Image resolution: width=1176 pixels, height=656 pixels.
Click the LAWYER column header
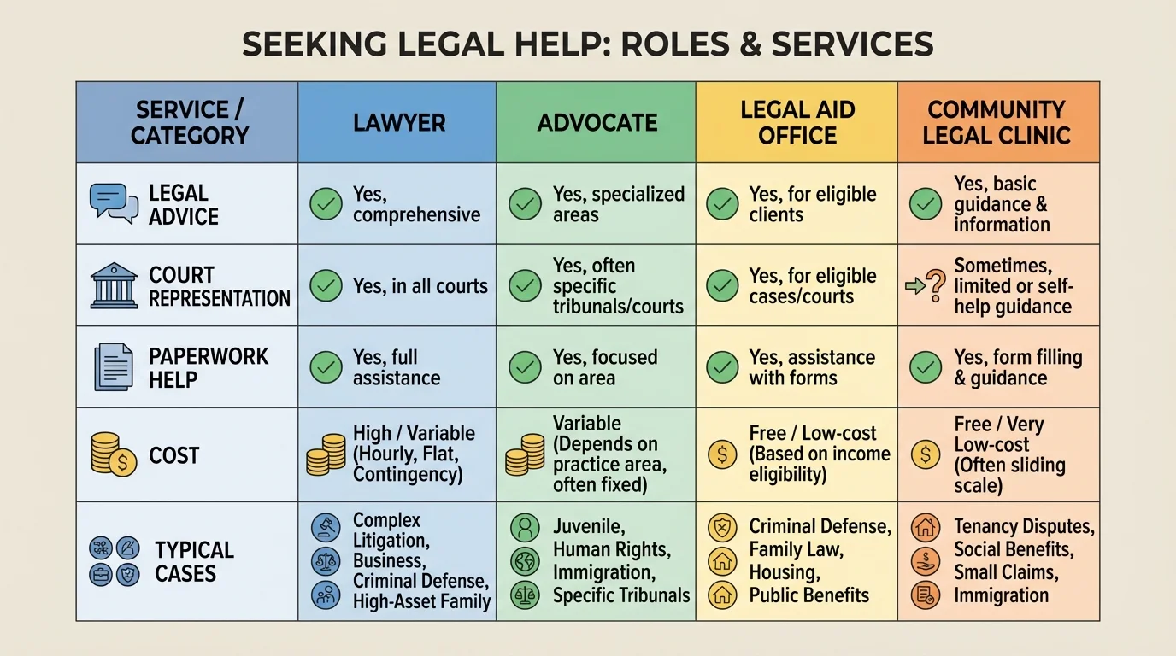(x=399, y=122)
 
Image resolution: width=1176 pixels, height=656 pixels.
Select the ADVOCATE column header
(x=597, y=122)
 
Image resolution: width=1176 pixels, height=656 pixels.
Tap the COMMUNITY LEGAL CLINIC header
(x=997, y=122)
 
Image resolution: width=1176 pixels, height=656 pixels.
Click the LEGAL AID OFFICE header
(x=797, y=122)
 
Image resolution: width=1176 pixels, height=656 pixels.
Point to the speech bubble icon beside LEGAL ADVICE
(x=114, y=203)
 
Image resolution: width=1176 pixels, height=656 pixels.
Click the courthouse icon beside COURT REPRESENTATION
(x=114, y=286)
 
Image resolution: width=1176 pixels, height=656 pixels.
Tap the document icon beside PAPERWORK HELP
(x=113, y=367)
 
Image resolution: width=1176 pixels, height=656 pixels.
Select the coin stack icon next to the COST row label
(x=113, y=454)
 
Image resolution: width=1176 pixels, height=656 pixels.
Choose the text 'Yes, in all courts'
(x=420, y=286)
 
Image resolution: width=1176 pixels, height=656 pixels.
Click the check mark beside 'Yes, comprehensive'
(x=326, y=204)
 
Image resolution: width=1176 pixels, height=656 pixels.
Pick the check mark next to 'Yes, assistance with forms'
(x=722, y=367)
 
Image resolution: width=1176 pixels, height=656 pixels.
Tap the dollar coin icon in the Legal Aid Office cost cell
(x=722, y=454)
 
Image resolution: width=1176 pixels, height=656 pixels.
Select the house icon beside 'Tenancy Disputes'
(x=925, y=527)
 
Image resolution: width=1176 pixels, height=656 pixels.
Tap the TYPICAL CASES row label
(x=193, y=561)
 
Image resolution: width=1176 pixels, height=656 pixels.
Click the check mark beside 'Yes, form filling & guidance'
(x=925, y=367)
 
